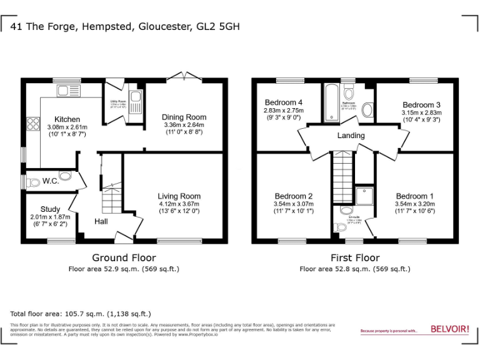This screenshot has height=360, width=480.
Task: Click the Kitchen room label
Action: pyautogui.click(x=67, y=119)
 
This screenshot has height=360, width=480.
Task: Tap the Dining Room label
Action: pyautogui.click(x=184, y=117)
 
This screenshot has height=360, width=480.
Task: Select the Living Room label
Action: pyautogui.click(x=179, y=196)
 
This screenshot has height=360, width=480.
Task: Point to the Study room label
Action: pyautogui.click(x=51, y=209)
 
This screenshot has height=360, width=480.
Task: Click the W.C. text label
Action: pyautogui.click(x=51, y=181)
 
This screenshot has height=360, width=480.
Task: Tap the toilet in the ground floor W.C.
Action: pyautogui.click(x=32, y=182)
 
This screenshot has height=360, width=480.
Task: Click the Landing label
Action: pyautogui.click(x=351, y=136)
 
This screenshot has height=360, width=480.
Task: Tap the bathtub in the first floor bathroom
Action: pyautogui.click(x=330, y=102)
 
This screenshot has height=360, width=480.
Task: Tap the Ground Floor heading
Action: pyautogui.click(x=124, y=257)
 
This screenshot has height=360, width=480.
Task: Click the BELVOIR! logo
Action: pyautogui.click(x=449, y=329)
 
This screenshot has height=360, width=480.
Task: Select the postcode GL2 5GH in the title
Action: pyautogui.click(x=218, y=26)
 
